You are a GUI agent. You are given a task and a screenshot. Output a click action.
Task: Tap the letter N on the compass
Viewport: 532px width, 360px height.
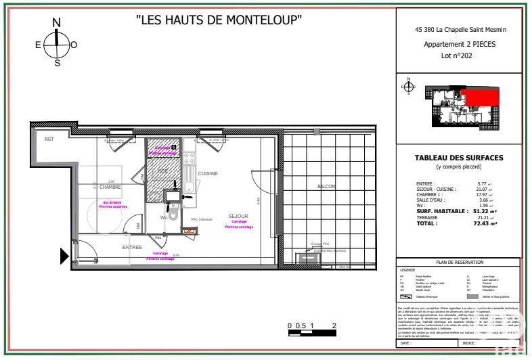(57, 23)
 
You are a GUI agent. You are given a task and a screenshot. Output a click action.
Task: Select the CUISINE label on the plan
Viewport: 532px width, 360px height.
(208, 174)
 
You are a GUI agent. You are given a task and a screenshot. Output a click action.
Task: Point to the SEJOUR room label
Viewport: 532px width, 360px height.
(238, 216)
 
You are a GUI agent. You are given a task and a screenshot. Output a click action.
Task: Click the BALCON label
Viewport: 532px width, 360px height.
(326, 186)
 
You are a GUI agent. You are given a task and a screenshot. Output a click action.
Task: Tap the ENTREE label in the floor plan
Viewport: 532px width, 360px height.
(132, 248)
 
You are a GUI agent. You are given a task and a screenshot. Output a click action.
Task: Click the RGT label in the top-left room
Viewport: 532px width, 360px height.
(49, 139)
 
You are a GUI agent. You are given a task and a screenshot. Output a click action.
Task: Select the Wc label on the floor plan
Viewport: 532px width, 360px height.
(163, 218)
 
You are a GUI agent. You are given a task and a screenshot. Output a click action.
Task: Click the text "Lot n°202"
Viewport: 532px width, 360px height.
(457, 56)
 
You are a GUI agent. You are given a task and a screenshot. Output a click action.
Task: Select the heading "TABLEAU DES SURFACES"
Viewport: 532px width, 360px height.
(458, 158)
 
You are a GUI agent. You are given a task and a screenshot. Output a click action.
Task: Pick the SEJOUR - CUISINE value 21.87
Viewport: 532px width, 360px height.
(482, 189)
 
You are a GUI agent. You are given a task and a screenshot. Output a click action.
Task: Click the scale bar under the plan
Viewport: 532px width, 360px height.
(311, 332)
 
